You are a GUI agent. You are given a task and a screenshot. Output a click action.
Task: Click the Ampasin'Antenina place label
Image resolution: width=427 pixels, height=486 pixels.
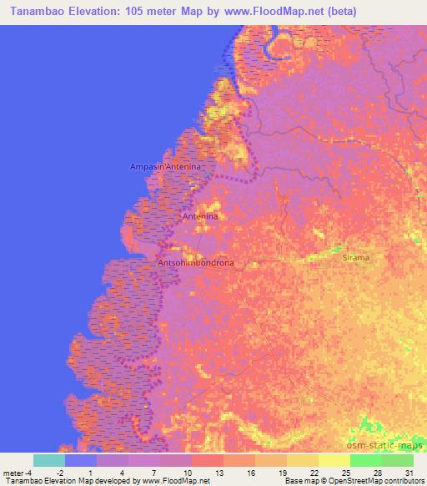167,168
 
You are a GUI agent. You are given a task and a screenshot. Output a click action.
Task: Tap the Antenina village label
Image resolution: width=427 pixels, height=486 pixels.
200,216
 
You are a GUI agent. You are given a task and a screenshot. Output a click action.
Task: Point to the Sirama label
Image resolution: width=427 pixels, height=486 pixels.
356,259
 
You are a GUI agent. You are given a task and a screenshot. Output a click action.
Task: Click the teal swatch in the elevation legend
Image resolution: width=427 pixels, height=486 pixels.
49,460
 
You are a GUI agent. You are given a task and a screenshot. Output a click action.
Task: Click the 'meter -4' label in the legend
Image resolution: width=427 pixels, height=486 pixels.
18,473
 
